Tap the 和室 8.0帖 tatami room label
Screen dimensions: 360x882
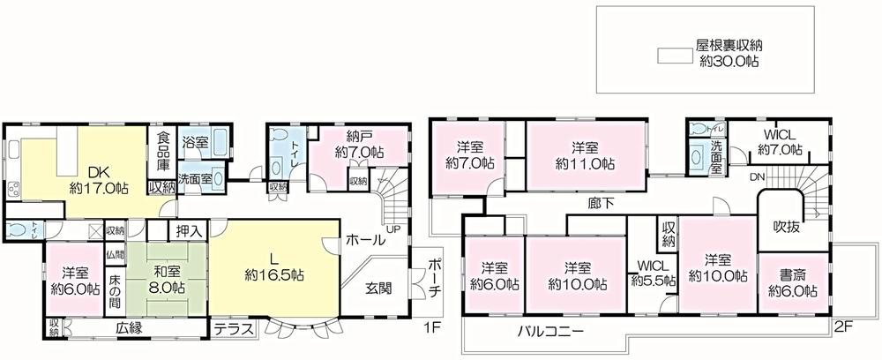pyautogui.click(x=165, y=280)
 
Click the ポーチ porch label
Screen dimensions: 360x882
pyautogui.click(x=434, y=281)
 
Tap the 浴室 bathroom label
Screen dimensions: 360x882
pyautogui.click(x=194, y=141)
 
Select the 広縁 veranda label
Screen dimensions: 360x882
pyautogui.click(x=129, y=328)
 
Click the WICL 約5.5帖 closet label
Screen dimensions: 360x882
pyautogui.click(x=654, y=274)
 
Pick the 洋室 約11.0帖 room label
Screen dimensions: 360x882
pyautogui.click(x=585, y=155)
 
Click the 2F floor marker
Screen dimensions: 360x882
pyautogui.click(x=843, y=326)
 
